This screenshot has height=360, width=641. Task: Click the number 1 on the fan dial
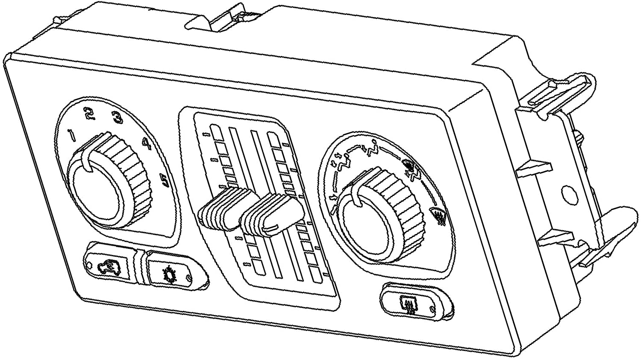(73, 136)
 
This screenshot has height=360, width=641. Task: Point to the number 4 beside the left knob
(147, 145)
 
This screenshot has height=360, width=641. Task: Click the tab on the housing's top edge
(222, 17)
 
